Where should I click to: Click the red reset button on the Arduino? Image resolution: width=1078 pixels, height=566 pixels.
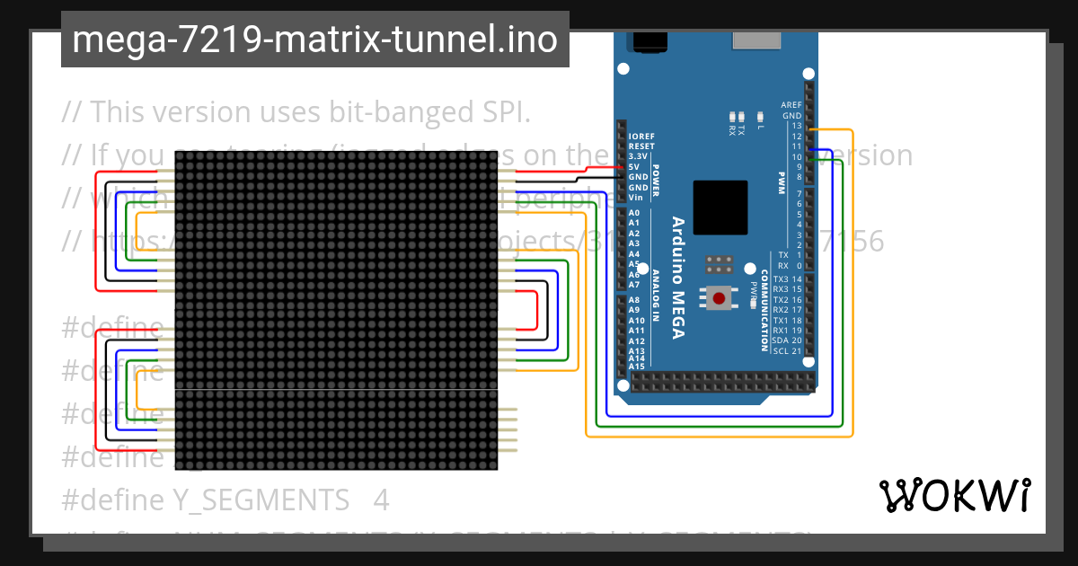(720, 297)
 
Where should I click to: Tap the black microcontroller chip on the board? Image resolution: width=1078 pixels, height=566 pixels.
(720, 208)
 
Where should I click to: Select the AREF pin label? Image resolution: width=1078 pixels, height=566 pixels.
(791, 105)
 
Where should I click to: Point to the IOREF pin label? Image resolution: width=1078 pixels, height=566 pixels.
(641, 136)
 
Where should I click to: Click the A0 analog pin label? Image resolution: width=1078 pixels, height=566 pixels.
(634, 213)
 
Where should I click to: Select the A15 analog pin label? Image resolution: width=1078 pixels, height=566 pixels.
(636, 367)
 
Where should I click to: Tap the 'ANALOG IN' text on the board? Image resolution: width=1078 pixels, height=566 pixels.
(656, 295)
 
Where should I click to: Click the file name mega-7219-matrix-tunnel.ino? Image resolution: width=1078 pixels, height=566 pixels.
(314, 40)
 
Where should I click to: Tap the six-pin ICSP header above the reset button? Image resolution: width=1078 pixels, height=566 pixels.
(720, 265)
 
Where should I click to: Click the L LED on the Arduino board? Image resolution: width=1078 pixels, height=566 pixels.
(760, 117)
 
